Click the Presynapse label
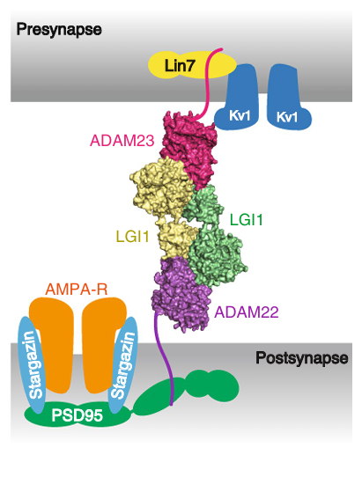tap(59, 30)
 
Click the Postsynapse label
tap(302, 358)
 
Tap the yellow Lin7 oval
tap(192, 66)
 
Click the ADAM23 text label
tap(122, 141)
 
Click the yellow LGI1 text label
tap(132, 237)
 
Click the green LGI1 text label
tap(247, 220)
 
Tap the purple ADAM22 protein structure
tap(180, 294)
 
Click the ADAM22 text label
tap(247, 312)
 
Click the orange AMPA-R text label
tap(77, 290)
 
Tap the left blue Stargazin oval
tap(33, 364)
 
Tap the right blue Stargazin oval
tap(123, 364)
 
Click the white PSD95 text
tap(78, 415)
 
